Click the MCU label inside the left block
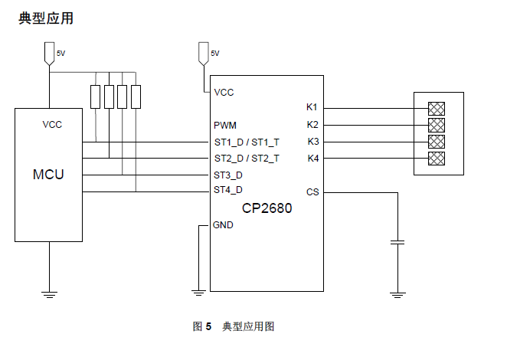(48, 175)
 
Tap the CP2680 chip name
(267, 208)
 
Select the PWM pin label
(225, 125)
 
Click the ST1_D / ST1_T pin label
(247, 142)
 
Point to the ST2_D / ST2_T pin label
(247, 159)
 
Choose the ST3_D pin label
(228, 175)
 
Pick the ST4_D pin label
(228, 190)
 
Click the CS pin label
(312, 191)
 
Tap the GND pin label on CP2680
(224, 225)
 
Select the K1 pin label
(312, 107)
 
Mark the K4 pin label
(312, 159)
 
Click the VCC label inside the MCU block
(52, 125)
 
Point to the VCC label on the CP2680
(224, 93)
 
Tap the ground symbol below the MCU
(49, 293)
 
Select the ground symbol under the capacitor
(397, 293)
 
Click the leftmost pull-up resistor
(96, 97)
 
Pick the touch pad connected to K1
(437, 108)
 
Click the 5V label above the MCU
(61, 54)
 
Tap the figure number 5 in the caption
(208, 327)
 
